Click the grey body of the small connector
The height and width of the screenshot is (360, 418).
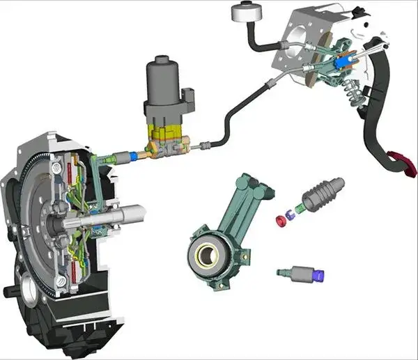pos(300,273)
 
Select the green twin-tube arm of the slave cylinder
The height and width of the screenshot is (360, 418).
pos(243,202)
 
